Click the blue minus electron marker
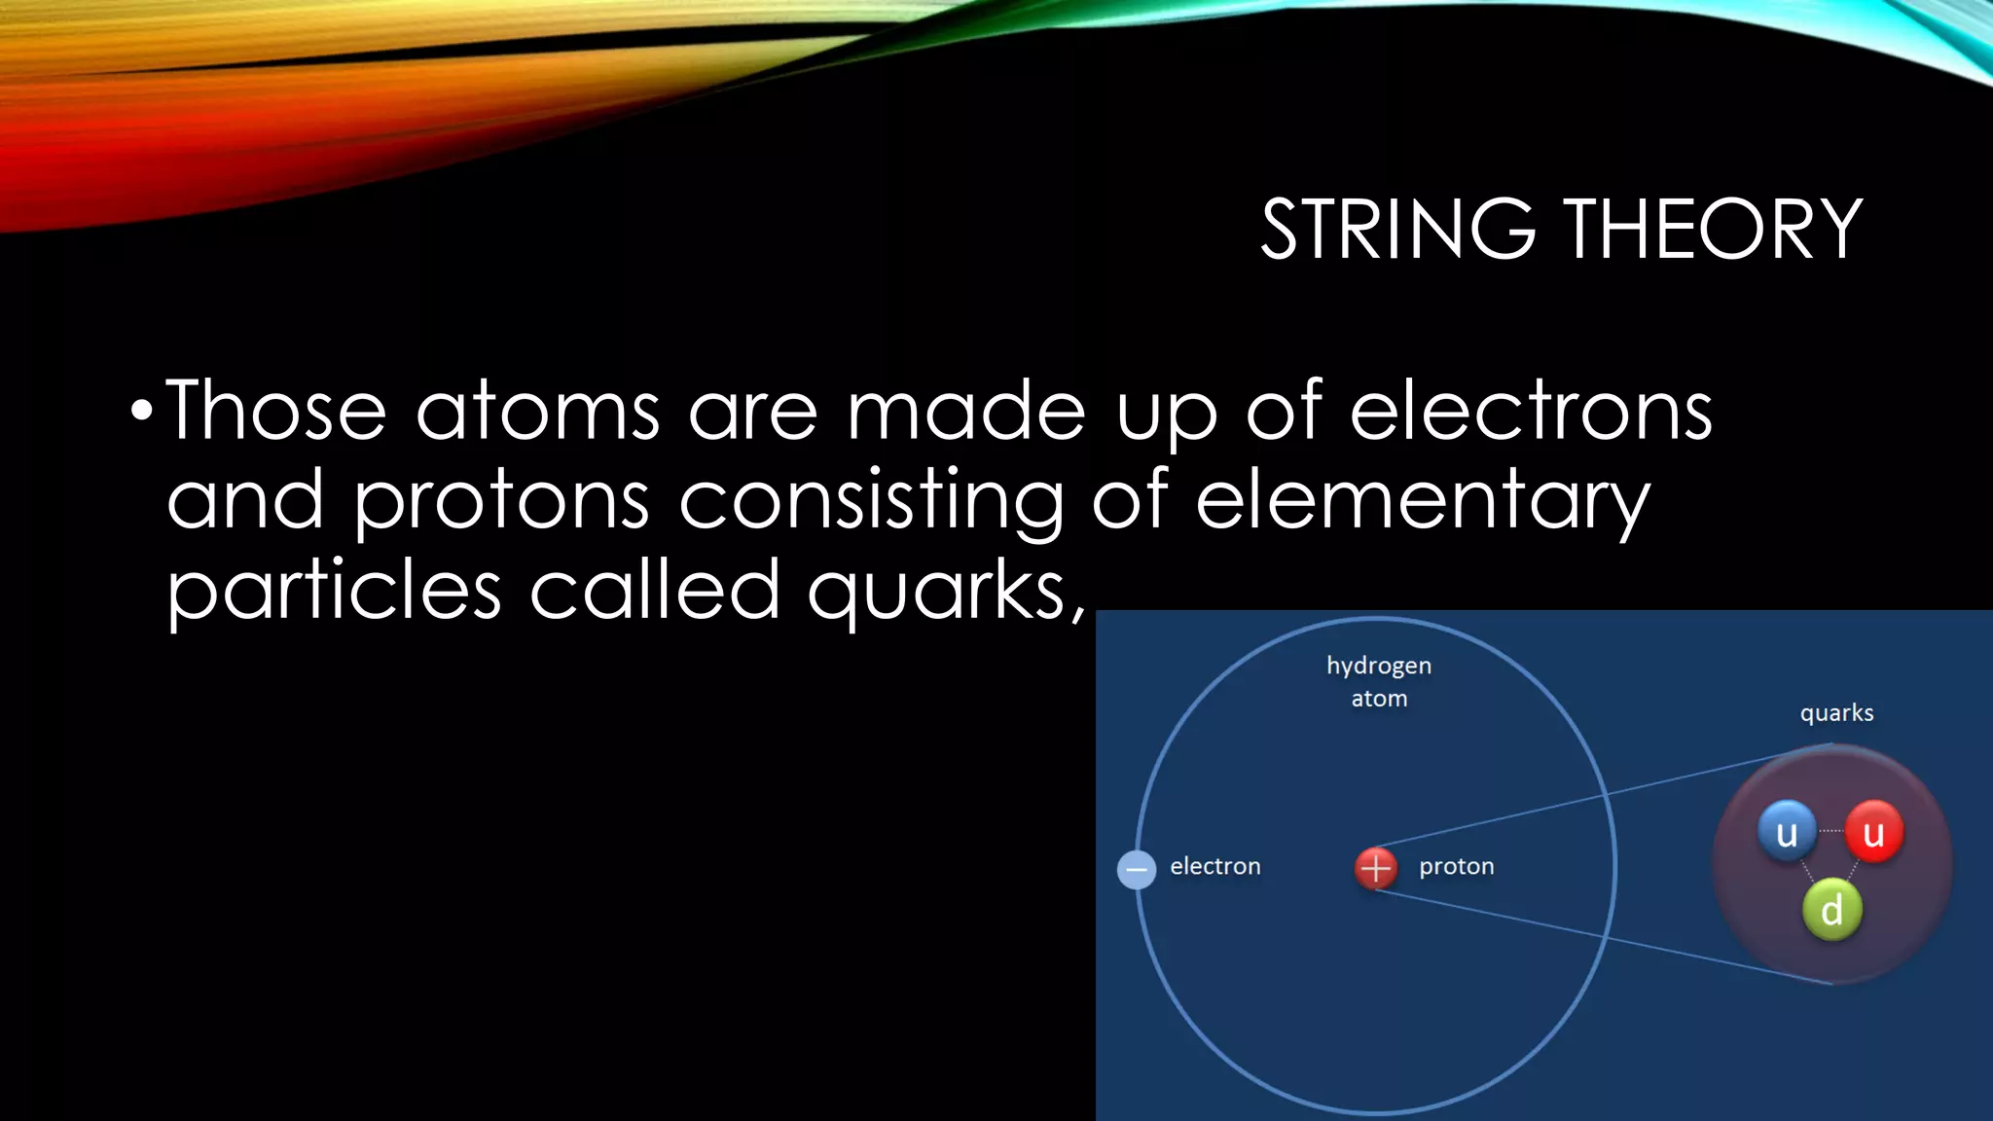pyautogui.click(x=1137, y=869)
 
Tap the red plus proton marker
pyautogui.click(x=1376, y=867)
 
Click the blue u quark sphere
pyautogui.click(x=1787, y=832)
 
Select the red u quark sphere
pyautogui.click(x=1873, y=832)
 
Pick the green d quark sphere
pyautogui.click(x=1831, y=910)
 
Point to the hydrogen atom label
pyautogui.click(x=1379, y=681)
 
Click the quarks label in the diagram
pyautogui.click(x=1836, y=713)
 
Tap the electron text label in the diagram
pyautogui.click(x=1214, y=866)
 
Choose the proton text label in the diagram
pyautogui.click(x=1456, y=866)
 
